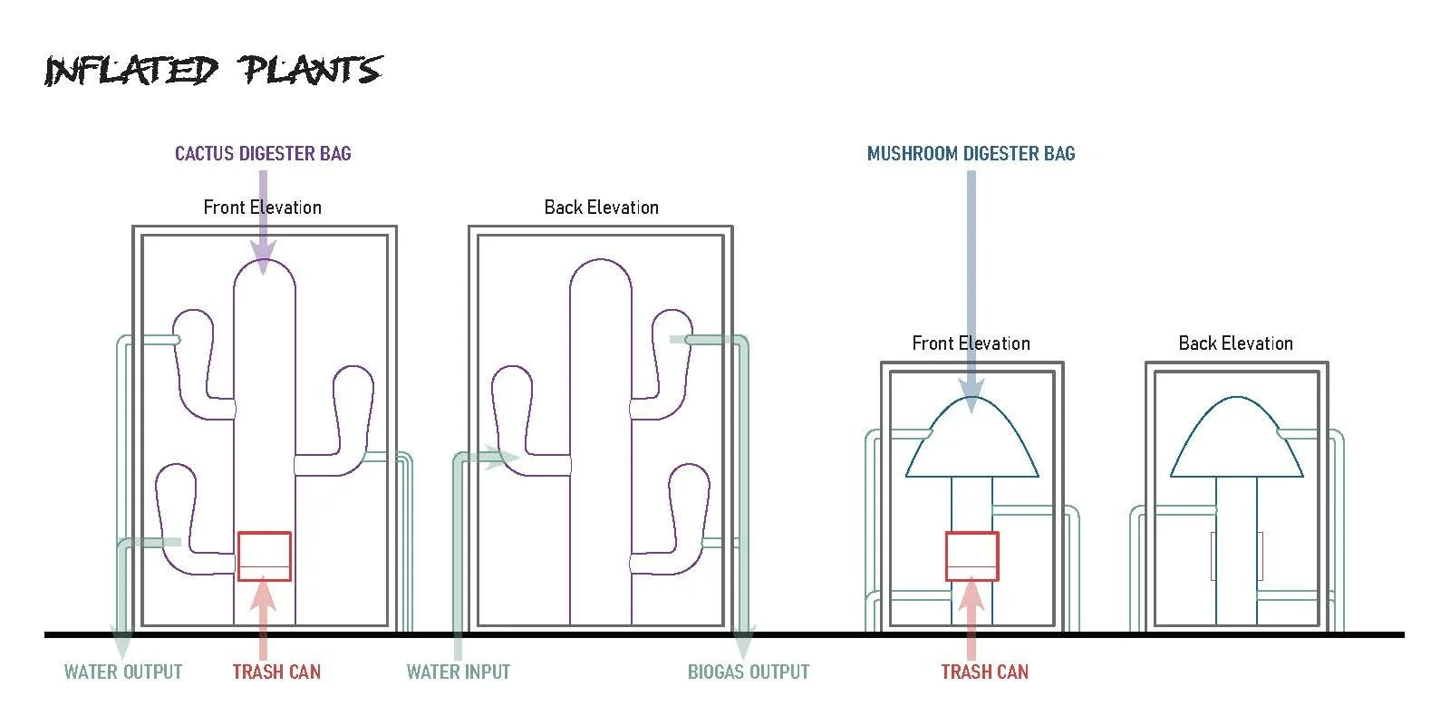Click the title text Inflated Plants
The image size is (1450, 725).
214,70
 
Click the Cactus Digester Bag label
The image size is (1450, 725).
263,153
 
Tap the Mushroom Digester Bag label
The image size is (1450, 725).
971,153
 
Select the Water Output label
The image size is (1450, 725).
123,672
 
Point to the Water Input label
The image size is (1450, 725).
459,672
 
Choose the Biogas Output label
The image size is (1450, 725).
749,672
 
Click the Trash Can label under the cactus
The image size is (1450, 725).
276,672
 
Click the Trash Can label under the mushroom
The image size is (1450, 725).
984,672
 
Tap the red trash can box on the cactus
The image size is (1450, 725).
264,556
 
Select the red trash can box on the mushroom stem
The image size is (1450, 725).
971,556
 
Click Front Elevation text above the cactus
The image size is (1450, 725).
262,208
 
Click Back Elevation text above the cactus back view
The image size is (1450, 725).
602,208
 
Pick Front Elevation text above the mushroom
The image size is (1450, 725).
971,343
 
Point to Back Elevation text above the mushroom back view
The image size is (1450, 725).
1236,343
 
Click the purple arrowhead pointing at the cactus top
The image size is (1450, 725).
263,258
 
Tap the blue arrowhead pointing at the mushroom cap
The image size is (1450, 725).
971,396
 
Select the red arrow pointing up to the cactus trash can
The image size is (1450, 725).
263,618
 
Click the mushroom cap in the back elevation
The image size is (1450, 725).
1237,437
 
